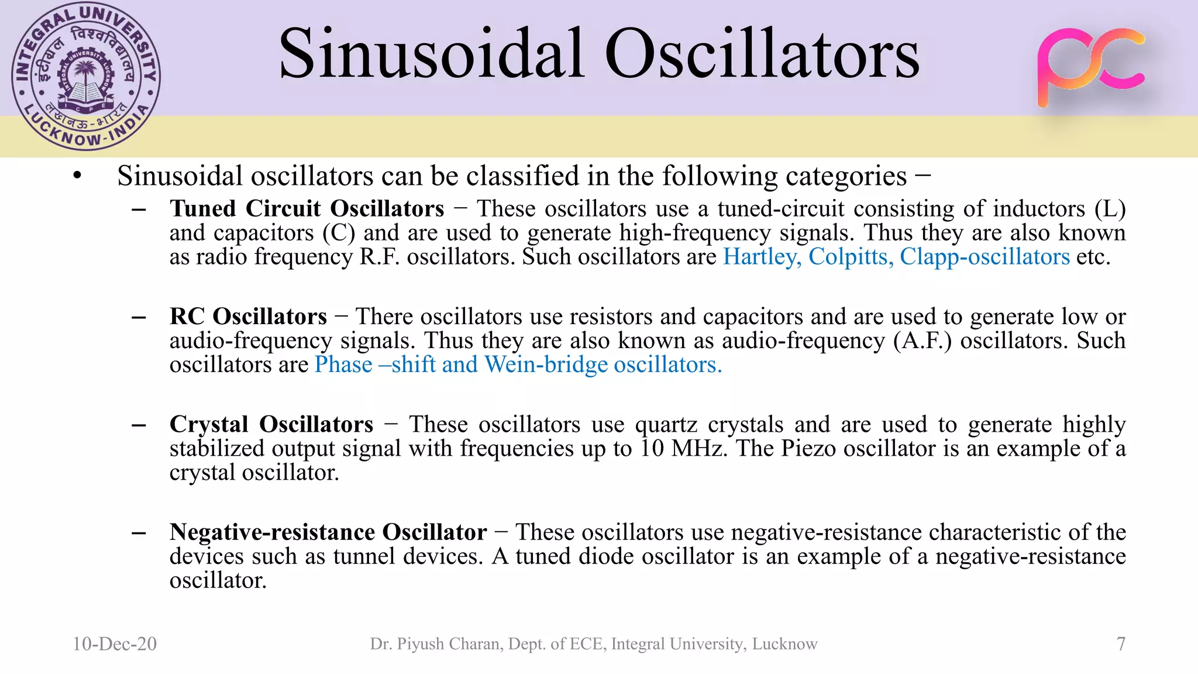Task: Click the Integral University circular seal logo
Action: click(x=86, y=77)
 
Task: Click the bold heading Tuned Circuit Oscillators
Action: click(x=307, y=209)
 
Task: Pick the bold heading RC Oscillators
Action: click(x=248, y=317)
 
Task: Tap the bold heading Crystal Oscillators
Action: click(x=271, y=424)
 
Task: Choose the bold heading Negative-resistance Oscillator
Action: click(x=328, y=532)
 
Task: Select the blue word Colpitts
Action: click(x=851, y=257)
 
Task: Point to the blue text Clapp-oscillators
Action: click(x=984, y=257)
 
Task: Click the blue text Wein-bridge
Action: click(x=546, y=364)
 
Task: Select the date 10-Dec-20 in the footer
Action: click(x=115, y=644)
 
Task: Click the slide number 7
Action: click(x=1121, y=644)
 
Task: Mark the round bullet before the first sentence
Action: click(x=77, y=176)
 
